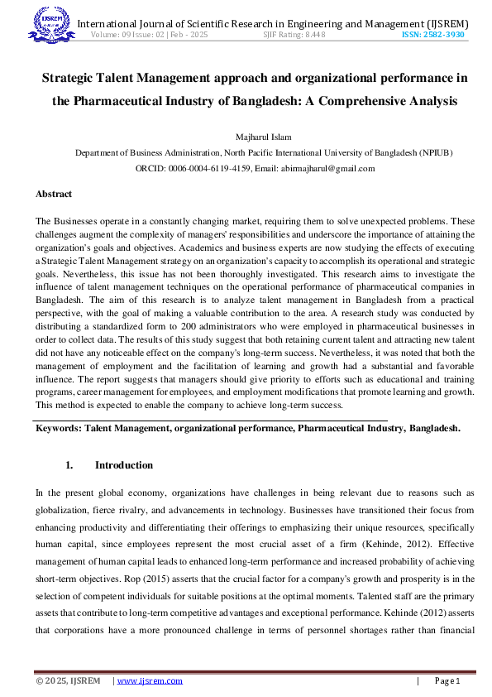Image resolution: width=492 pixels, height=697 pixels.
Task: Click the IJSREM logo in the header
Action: click(51, 22)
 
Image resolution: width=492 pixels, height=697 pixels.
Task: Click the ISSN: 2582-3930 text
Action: click(433, 36)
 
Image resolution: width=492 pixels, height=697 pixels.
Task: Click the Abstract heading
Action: click(54, 195)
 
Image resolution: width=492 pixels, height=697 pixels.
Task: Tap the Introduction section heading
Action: click(124, 465)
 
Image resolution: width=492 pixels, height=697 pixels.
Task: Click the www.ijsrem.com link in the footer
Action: click(150, 680)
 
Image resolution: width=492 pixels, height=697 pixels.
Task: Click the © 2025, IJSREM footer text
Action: click(68, 680)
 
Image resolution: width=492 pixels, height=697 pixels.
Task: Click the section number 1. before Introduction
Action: click(70, 465)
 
